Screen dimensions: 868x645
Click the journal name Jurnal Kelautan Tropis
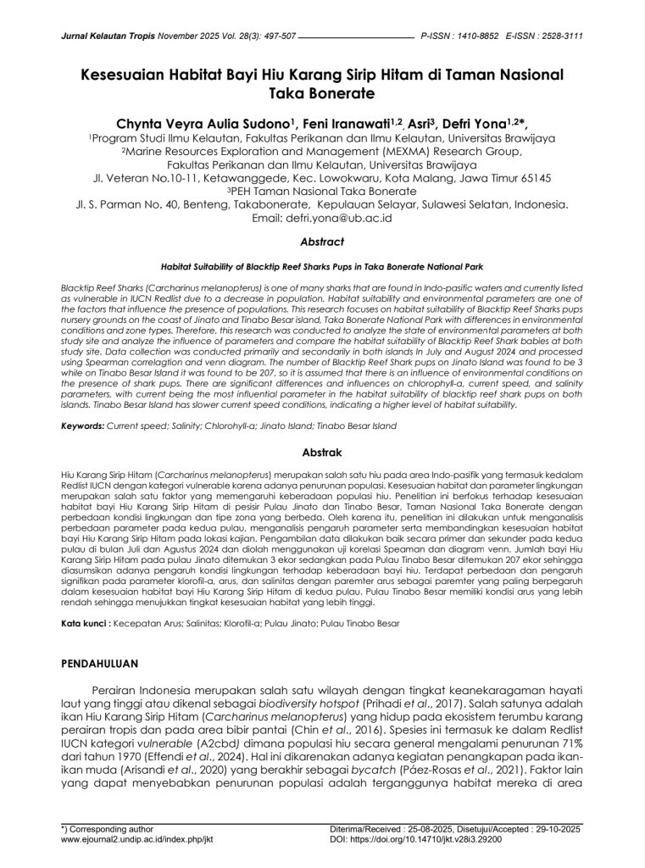point(103,37)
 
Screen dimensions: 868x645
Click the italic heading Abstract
point(322,241)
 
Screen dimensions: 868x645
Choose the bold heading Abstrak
point(322,453)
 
